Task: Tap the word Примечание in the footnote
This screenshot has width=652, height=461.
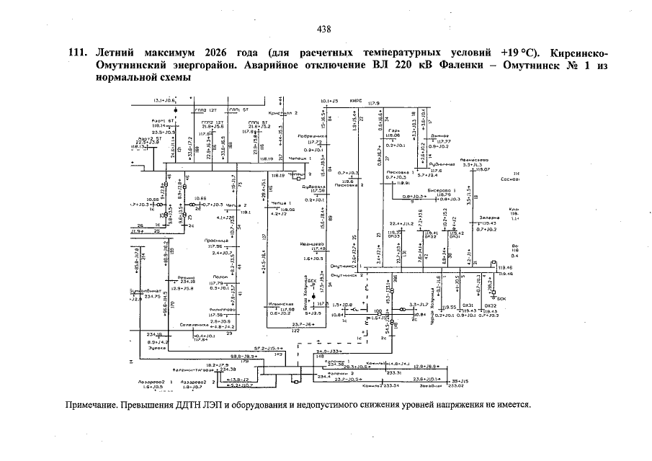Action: tap(91, 405)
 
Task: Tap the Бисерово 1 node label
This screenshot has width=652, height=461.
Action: tap(439, 190)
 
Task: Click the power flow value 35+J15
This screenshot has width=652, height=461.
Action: tap(460, 379)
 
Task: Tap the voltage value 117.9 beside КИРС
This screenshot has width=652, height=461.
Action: tap(373, 104)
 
